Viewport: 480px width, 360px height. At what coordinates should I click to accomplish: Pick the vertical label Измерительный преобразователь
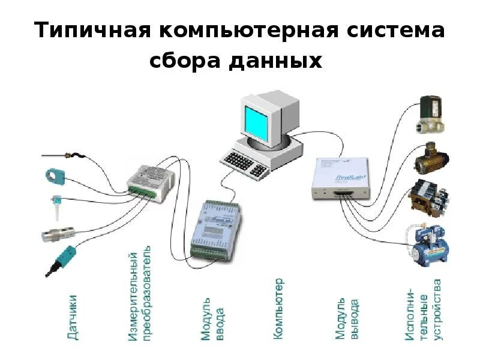pos(142,294)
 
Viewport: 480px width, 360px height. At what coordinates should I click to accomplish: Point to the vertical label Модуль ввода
pos(213,318)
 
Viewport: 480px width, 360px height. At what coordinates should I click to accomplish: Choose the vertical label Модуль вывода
pos(347,318)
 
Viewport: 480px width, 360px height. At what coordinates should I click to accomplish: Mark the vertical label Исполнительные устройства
pos(426,309)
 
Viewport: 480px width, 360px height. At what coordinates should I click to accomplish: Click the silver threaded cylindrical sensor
pos(58,233)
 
